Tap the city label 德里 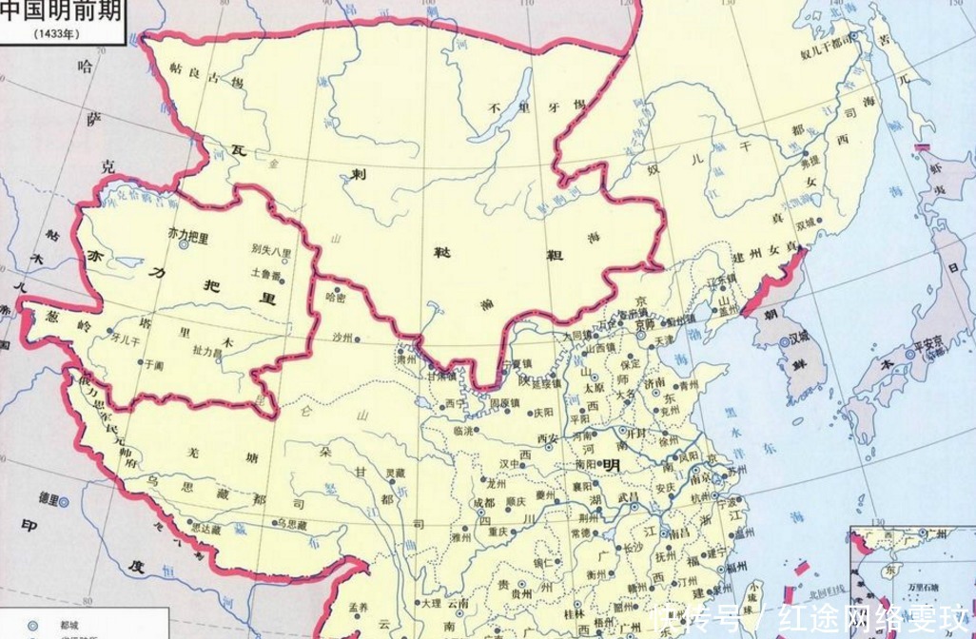(x=48, y=498)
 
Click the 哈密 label (x=336, y=298)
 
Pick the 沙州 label (x=342, y=339)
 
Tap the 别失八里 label (x=271, y=251)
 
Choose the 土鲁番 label (x=265, y=273)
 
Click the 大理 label (x=431, y=603)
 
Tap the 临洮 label (x=463, y=432)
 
